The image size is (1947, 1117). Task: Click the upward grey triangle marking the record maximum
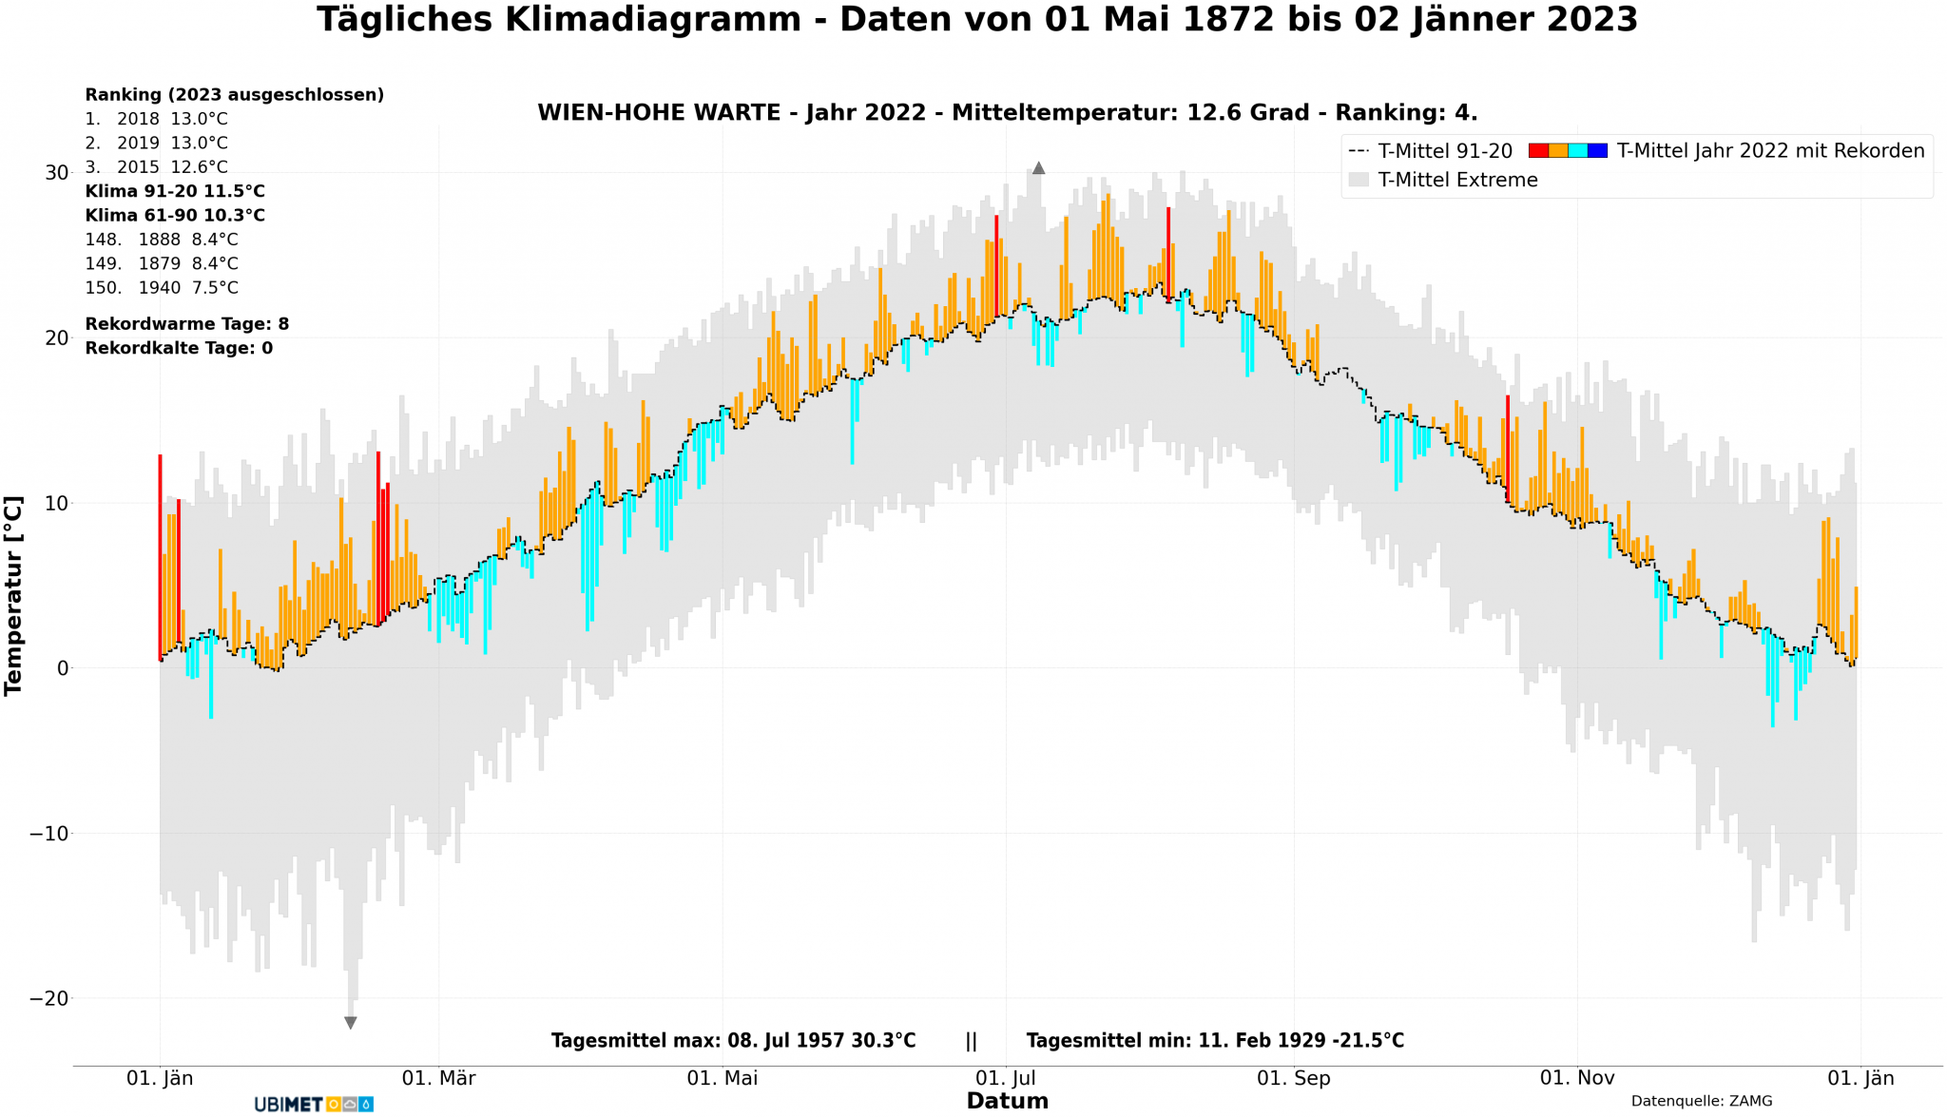1038,168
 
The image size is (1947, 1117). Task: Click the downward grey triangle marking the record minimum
351,1023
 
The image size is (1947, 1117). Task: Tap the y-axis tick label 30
57,172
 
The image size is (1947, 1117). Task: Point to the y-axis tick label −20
49,998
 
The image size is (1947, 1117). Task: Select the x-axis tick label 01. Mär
438,1078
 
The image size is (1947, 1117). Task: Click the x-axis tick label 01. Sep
1293,1078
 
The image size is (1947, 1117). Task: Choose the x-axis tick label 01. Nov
1577,1078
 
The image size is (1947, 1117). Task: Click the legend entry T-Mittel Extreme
1456,180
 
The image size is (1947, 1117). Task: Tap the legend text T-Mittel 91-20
1444,151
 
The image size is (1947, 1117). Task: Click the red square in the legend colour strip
1538,150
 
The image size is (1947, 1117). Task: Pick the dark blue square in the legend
1597,150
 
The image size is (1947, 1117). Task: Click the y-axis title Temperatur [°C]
14,595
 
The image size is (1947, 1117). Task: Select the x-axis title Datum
1007,1101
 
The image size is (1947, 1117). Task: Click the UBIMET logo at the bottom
313,1105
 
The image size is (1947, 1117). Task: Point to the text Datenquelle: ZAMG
1701,1101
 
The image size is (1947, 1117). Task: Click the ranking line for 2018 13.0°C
157,119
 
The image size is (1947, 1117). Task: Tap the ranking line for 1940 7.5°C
162,287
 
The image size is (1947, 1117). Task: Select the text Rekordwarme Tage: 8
187,324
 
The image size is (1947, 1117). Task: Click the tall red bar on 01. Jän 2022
160,551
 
